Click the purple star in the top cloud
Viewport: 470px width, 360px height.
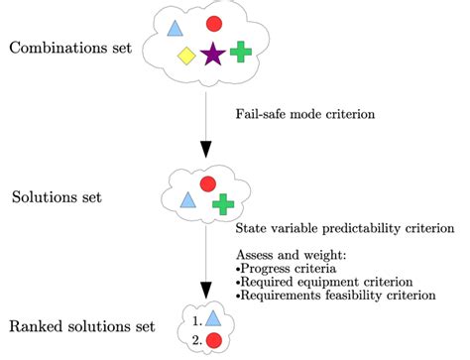211,55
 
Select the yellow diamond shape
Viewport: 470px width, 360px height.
185,56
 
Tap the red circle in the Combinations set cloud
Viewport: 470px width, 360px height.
213,24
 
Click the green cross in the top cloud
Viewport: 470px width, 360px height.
239,52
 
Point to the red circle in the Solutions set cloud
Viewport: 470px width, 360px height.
207,183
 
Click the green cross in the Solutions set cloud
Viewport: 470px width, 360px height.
224,204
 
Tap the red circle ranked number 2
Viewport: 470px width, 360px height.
213,340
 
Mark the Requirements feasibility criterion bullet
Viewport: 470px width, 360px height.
335,295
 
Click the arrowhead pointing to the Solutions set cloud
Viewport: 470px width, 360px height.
206,150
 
